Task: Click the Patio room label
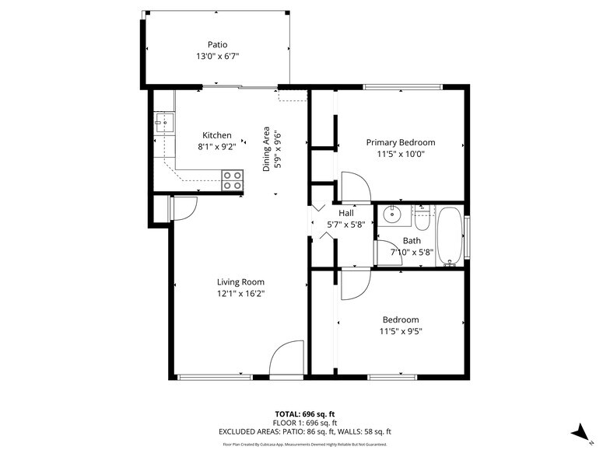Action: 217,44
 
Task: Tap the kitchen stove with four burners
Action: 232,180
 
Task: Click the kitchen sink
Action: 163,120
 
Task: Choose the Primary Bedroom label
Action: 401,142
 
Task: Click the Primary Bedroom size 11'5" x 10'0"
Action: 401,154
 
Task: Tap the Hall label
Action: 345,212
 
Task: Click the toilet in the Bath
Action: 421,218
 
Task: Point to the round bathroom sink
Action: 392,215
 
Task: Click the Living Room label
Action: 240,282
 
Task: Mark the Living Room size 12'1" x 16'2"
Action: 240,294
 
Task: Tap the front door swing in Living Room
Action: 287,359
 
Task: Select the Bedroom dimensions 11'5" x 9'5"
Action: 401,331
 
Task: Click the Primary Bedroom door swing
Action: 354,187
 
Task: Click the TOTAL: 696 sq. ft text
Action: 305,413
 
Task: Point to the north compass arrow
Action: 577,432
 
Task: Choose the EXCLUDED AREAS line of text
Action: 305,431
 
